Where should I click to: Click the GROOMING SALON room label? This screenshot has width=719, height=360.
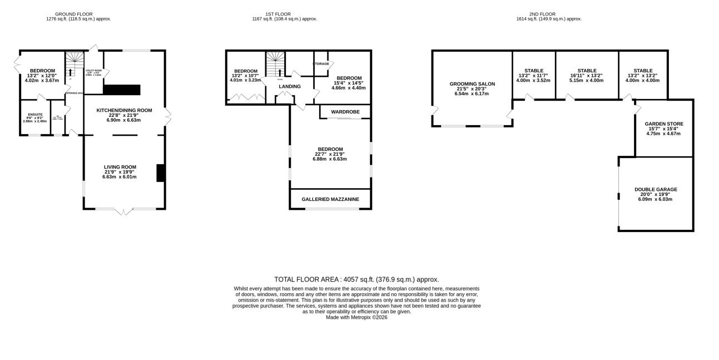pyautogui.click(x=472, y=84)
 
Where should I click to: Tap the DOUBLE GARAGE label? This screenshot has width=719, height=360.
pyautogui.click(x=656, y=189)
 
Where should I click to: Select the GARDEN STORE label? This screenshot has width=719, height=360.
pyautogui.click(x=664, y=124)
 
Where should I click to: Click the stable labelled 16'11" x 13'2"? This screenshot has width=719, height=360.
pyautogui.click(x=587, y=71)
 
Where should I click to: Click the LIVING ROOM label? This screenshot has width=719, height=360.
pyautogui.click(x=120, y=166)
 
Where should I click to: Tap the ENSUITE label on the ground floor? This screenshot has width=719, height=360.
pyautogui.click(x=36, y=114)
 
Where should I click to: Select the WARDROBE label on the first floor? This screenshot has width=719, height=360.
pyautogui.click(x=345, y=112)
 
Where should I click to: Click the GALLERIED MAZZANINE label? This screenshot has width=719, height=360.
pyautogui.click(x=330, y=199)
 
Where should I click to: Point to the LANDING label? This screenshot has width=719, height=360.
pyautogui.click(x=290, y=86)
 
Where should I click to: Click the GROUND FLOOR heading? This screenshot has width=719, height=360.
pyautogui.click(x=73, y=14)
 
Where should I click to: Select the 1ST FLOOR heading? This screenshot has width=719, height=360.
pyautogui.click(x=277, y=14)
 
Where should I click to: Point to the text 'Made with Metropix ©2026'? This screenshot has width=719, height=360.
pyautogui.click(x=356, y=317)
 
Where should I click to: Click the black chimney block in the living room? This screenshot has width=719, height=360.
pyautogui.click(x=160, y=173)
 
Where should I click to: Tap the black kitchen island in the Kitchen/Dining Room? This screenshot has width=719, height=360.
pyautogui.click(x=122, y=90)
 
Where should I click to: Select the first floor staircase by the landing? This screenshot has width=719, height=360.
pyautogui.click(x=274, y=64)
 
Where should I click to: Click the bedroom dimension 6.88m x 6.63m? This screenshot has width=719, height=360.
pyautogui.click(x=330, y=159)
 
